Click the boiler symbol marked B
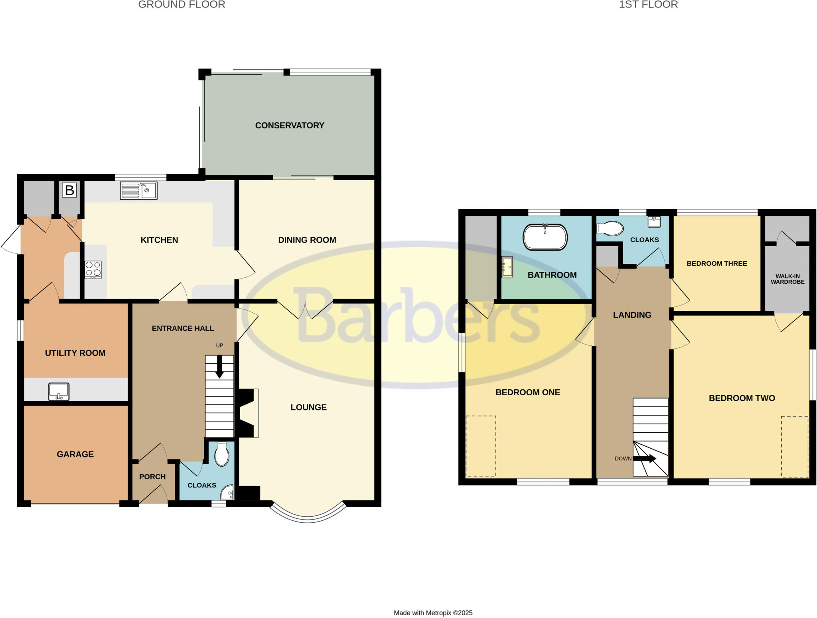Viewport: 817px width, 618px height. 69,190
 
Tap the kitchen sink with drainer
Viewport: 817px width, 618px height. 138,190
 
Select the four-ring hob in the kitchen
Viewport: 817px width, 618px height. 93,269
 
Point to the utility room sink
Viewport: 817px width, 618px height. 59,391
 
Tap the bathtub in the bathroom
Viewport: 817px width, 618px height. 545,237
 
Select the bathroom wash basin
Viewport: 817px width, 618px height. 507,267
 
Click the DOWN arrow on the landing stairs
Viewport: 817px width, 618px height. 645,459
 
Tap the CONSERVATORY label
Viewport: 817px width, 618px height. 290,126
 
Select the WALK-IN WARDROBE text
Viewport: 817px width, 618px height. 787,279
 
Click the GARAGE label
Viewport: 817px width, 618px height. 75,454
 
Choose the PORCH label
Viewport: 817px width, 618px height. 152,477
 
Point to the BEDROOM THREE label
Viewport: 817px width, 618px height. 716,263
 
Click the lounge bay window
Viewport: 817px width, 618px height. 308,516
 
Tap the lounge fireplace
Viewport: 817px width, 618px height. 248,413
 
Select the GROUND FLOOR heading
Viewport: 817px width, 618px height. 182,5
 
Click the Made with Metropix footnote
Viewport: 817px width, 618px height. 433,613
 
